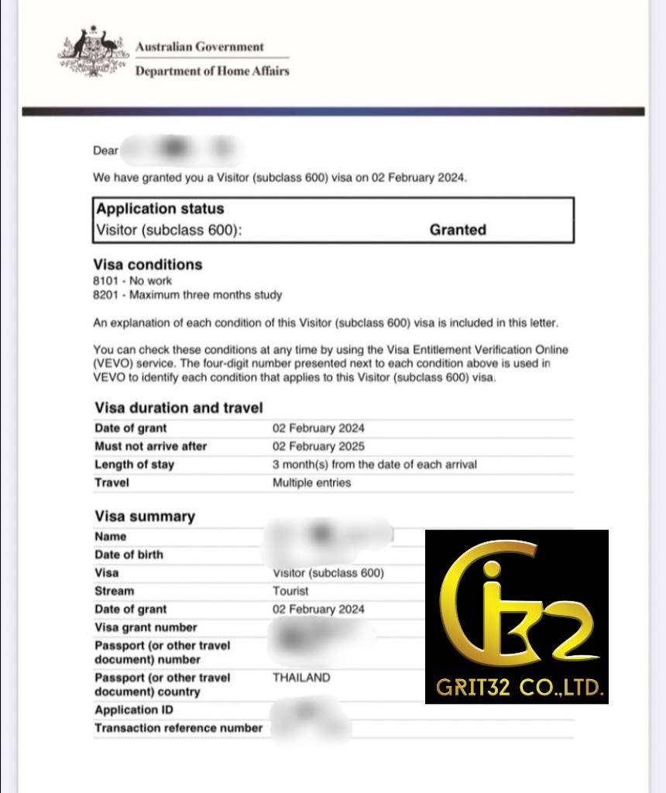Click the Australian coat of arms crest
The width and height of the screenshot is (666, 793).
tap(91, 53)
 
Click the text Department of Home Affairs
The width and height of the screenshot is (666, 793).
tap(212, 71)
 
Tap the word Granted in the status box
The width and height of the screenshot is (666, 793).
tap(458, 229)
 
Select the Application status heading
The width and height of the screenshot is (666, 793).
tap(160, 209)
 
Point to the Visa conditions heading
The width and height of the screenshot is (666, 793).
tap(148, 264)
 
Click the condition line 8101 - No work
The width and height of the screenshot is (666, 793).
tap(132, 281)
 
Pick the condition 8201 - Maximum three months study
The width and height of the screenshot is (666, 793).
tap(187, 295)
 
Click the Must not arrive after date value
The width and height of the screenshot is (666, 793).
tap(318, 446)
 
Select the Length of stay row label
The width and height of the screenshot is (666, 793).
tap(134, 465)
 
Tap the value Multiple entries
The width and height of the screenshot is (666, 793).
tap(311, 482)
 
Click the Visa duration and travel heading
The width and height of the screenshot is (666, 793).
tap(178, 408)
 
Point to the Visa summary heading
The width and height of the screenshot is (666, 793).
tap(145, 517)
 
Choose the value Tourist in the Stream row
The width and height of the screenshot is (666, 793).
tap(290, 591)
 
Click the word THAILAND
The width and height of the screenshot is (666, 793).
tap(301, 678)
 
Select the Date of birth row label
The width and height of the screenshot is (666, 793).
tap(129, 554)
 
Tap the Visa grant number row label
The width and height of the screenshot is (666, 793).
tap(146, 627)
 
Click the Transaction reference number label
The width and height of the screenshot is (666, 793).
tap(178, 728)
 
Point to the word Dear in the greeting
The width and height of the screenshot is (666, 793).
tap(105, 150)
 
